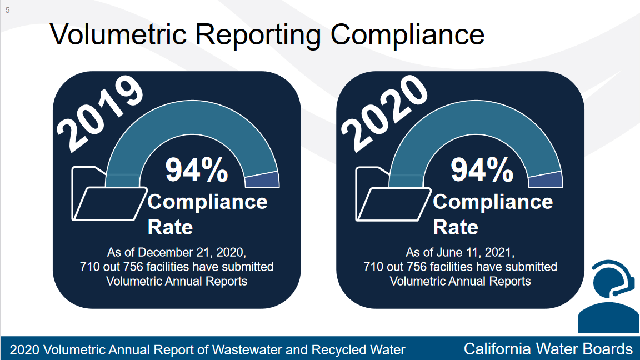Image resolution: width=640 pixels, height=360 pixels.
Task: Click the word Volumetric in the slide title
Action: click(118, 34)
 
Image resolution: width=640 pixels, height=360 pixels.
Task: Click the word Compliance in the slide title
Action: click(407, 35)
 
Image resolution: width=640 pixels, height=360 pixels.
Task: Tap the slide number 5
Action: click(7, 10)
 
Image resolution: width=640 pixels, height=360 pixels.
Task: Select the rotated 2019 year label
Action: click(100, 113)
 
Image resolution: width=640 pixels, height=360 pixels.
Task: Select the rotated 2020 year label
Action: click(384, 113)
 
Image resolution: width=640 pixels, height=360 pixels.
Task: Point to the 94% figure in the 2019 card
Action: click(196, 170)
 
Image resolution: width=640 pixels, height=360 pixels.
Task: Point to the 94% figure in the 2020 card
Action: click(482, 170)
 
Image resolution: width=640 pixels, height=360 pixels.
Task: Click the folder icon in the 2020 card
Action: click(393, 194)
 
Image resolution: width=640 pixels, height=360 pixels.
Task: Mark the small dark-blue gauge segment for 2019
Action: click(262, 180)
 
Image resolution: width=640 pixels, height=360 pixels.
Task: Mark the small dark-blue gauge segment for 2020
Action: click(546, 180)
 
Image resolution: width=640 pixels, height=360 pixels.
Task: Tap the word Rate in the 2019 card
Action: click(170, 227)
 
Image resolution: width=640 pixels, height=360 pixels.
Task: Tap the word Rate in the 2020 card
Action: click(456, 227)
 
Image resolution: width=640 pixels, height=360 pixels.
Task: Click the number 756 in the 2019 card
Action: click(133, 267)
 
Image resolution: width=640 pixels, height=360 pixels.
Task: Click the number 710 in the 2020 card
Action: click(374, 267)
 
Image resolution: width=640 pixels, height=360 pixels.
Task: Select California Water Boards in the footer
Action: click(548, 349)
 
